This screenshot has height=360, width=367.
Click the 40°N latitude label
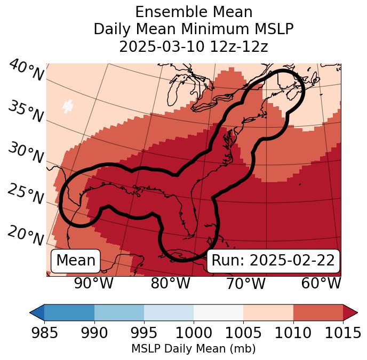pos(26,71)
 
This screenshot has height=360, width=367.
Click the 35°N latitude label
pos(25,111)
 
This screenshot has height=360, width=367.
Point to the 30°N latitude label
pos(25,153)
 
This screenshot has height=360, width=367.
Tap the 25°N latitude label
pos(25,194)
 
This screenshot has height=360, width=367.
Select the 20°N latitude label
pos(25,234)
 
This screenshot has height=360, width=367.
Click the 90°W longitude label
pos(93,284)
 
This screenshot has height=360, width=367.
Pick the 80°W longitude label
pos(170,284)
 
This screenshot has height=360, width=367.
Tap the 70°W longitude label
pos(245,284)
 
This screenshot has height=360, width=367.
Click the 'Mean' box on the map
pos(76,261)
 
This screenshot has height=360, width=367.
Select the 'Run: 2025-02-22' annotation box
pos(273,261)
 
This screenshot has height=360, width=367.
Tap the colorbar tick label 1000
pos(194,333)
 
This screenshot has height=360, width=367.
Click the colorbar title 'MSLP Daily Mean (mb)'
pos(193,349)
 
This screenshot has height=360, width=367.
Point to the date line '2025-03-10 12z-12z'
pos(194,46)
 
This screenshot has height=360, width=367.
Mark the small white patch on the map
pos(68,106)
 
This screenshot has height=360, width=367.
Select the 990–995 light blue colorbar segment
pos(119,312)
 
